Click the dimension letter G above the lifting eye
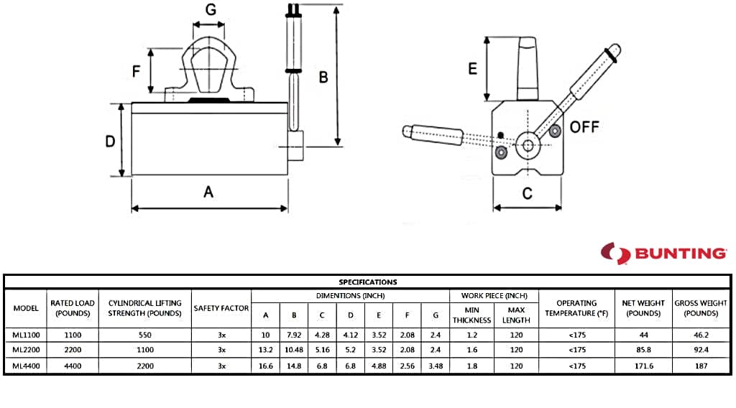pos(211,9)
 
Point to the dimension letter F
pos(136,71)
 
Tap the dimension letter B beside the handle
pos(323,77)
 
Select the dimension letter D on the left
pos(110,142)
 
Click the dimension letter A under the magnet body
pos(208,191)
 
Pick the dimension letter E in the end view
pos(473,69)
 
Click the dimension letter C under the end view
pos(527,193)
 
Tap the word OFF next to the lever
pos(584,126)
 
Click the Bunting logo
pos(663,254)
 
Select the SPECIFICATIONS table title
pos(368,282)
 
